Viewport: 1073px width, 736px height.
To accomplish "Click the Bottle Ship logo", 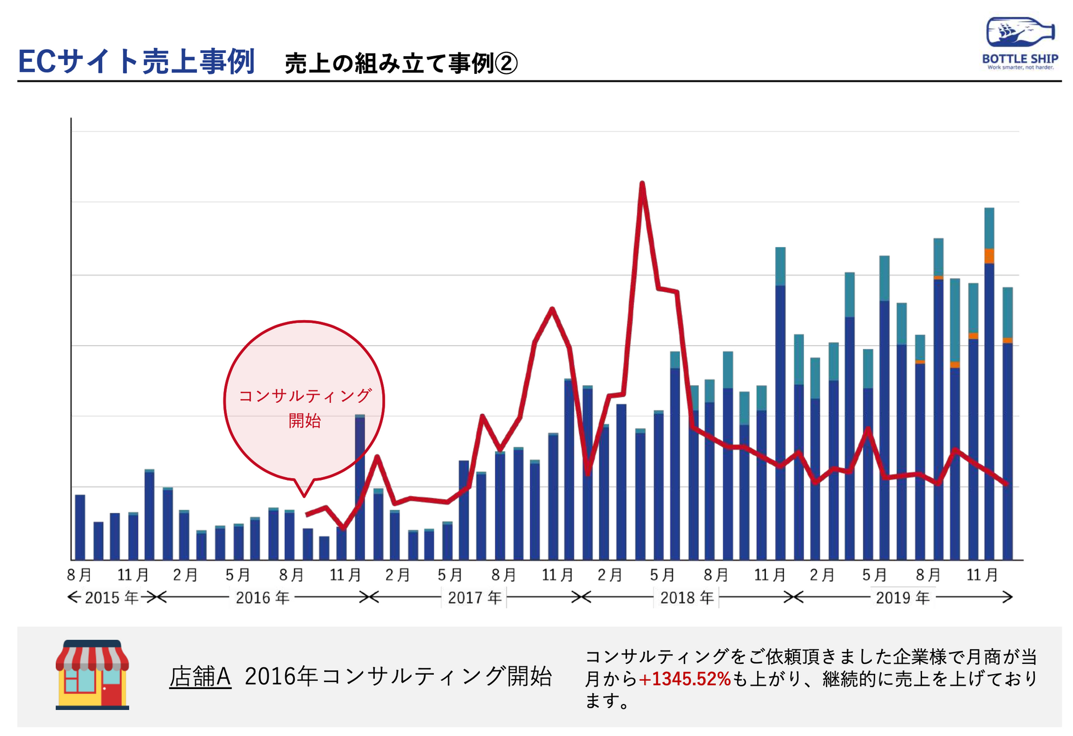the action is pos(1020,43).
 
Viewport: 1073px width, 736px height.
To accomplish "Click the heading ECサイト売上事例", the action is pos(136,61).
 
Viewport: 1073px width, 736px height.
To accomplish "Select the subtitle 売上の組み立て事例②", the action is pos(401,63).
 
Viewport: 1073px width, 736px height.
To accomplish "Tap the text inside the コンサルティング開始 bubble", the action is pos(304,408).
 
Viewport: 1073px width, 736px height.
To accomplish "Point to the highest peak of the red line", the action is pos(642,183).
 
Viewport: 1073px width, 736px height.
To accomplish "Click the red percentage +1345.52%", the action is pos(684,679).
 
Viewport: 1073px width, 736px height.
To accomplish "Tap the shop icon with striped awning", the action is pos(92,674).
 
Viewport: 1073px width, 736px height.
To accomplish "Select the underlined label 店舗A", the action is pos(200,676).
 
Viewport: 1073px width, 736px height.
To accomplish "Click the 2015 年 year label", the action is pos(111,598).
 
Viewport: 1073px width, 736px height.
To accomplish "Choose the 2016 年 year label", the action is pos(262,598).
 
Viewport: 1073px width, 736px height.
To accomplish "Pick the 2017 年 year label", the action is pos(475,598).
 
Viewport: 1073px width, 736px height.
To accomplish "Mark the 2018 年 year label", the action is pos(687,598).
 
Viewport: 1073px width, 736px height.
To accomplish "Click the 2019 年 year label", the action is pos(903,598).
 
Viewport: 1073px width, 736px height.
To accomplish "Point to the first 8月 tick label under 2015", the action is pos(79,575).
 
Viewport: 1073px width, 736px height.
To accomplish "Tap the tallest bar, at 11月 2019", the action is pos(989,383).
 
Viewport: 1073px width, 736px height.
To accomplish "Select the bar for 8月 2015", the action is pos(80,527).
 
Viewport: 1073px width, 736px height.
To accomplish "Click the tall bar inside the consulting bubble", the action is pos(360,487).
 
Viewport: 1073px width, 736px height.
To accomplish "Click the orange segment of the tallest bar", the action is pos(989,256).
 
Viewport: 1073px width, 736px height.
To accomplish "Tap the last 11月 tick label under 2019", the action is pos(981,575).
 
